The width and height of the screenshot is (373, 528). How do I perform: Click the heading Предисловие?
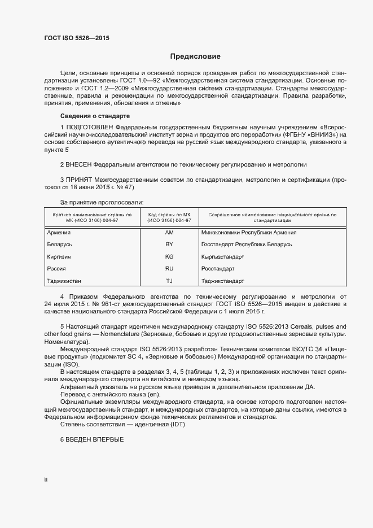tap(195, 56)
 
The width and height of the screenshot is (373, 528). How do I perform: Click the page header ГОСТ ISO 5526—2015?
tap(77, 38)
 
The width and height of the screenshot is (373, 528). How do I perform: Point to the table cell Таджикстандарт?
tap(222, 281)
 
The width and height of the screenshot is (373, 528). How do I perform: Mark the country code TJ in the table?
tap(169, 281)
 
